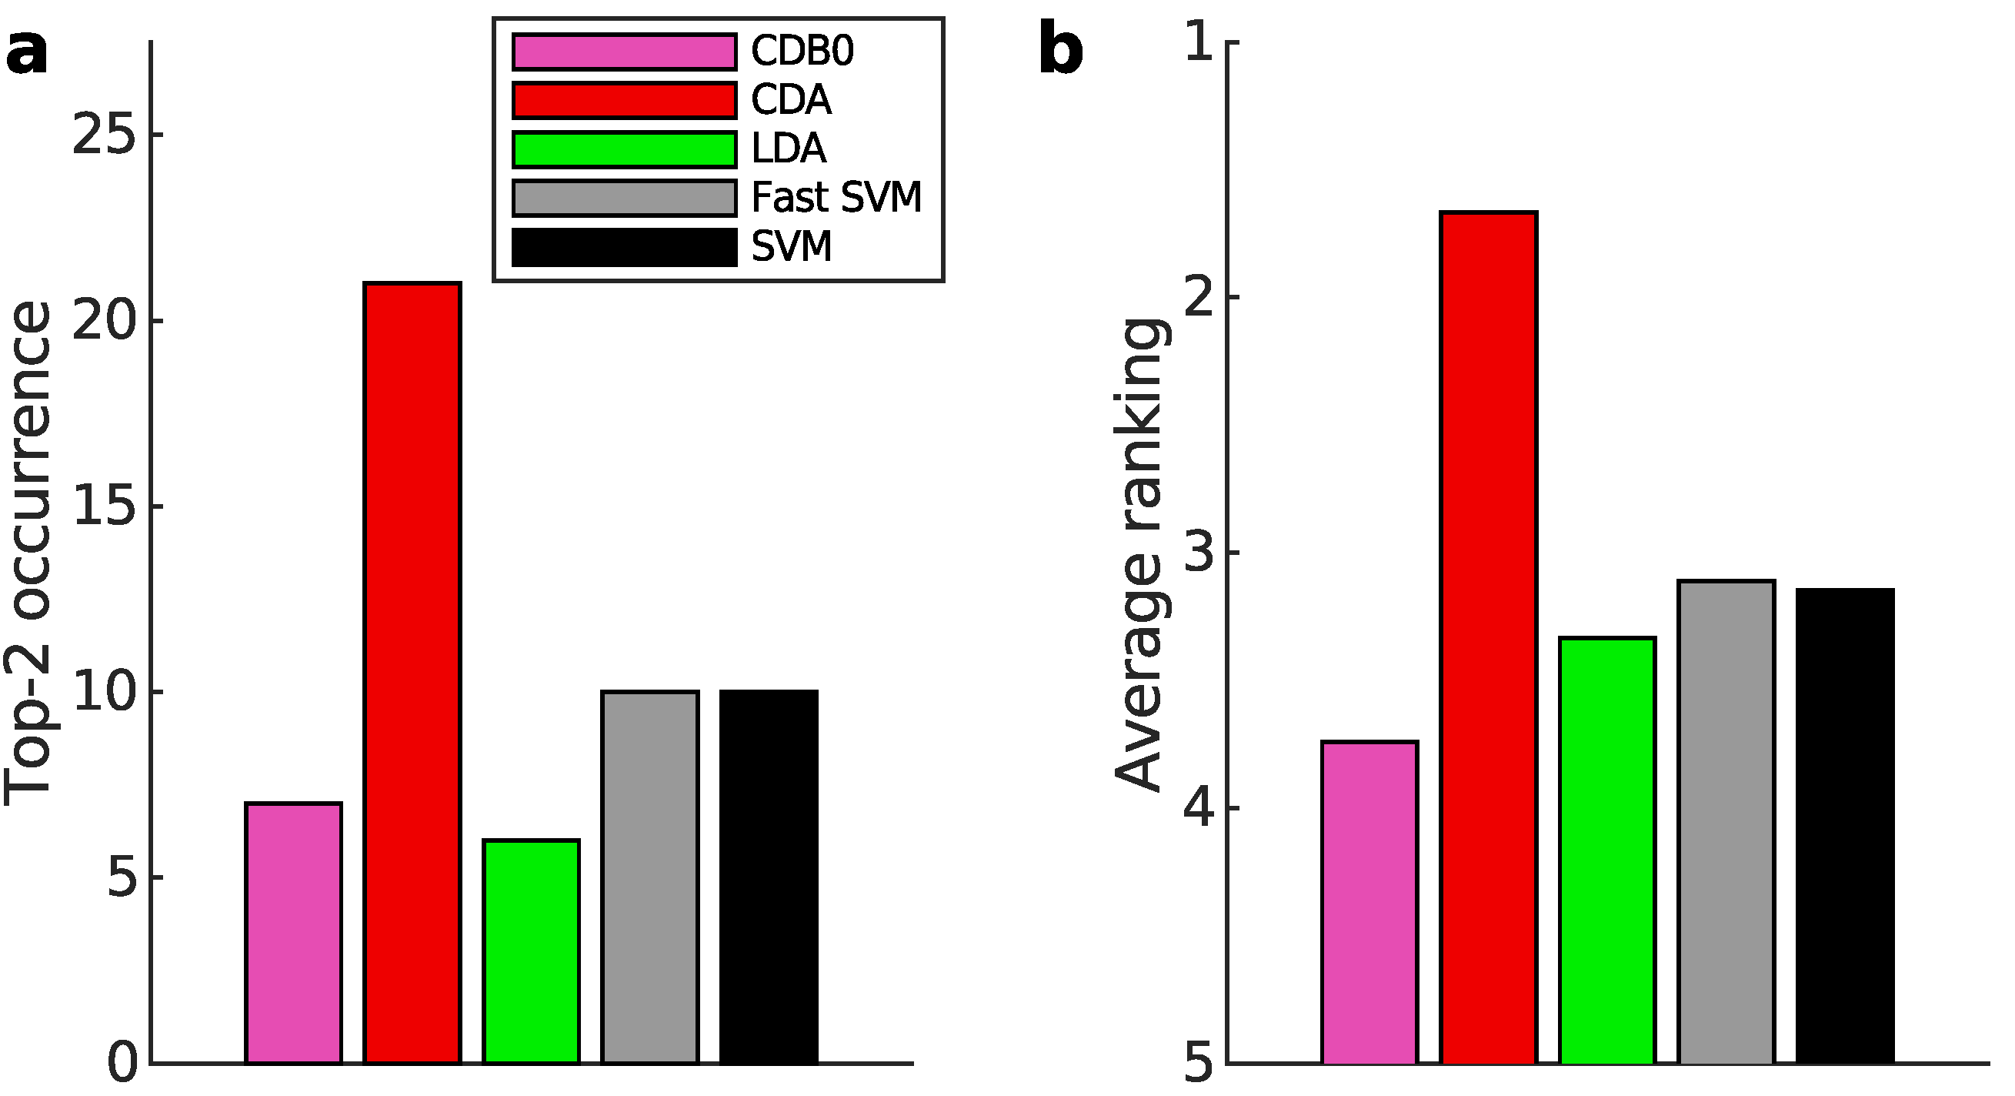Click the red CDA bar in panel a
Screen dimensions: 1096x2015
coord(412,673)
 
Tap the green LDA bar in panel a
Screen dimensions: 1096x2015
coord(531,951)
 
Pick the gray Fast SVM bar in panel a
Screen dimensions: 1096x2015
coord(650,877)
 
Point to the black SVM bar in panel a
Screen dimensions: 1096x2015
coord(769,877)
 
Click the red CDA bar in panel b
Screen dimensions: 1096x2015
coord(1489,637)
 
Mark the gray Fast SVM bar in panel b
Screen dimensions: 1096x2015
coord(1726,822)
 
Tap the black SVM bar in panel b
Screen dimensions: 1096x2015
coord(1845,826)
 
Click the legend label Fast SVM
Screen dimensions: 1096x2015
coord(836,197)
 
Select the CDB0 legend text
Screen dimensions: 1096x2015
coord(802,52)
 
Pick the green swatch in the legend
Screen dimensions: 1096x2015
coord(624,149)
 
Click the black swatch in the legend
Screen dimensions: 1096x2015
coord(624,247)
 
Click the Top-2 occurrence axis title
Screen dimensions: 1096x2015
coord(28,553)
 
